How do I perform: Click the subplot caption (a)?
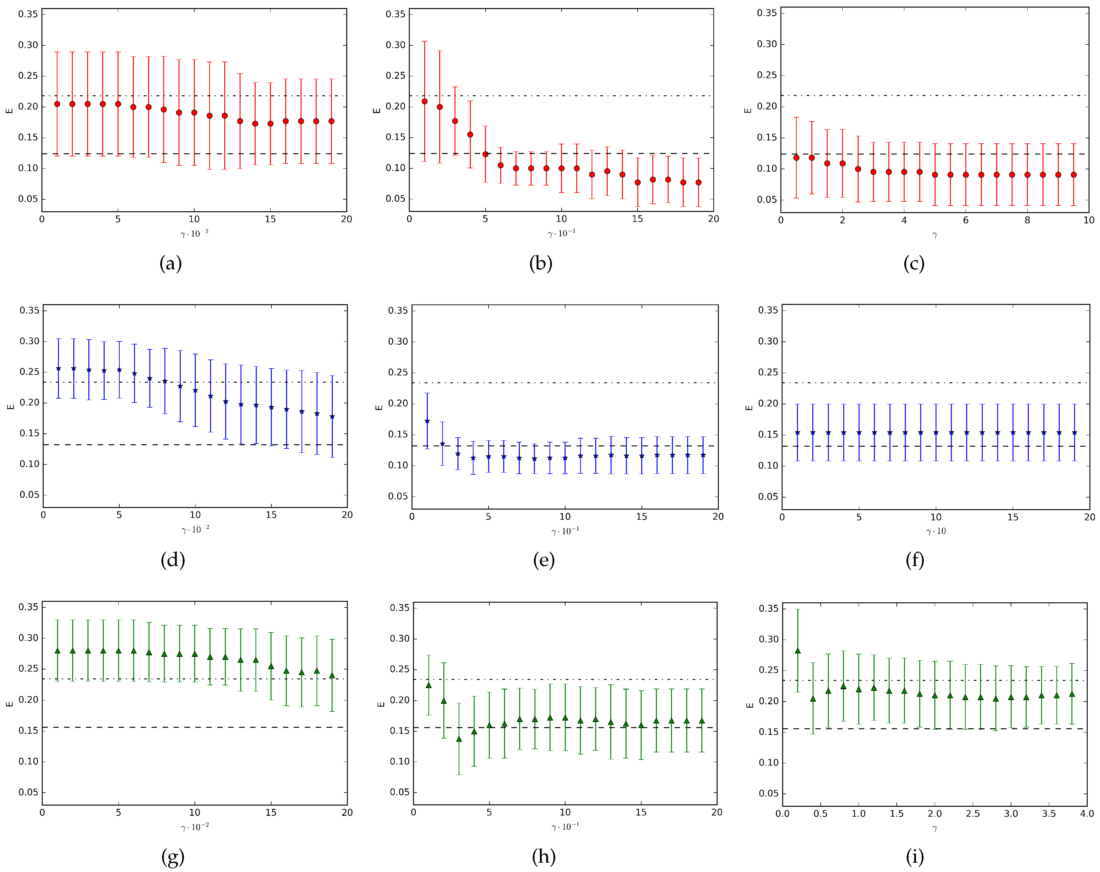click(x=170, y=264)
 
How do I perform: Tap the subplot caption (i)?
click(x=914, y=857)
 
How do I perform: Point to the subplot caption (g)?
click(x=173, y=857)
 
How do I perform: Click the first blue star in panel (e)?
click(x=427, y=421)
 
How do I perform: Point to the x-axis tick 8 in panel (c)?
click(x=1027, y=220)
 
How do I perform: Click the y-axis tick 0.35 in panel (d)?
click(x=29, y=310)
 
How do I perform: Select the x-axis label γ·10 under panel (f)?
click(x=936, y=531)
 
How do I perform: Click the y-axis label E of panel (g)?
click(x=9, y=704)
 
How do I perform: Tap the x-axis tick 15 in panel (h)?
click(x=641, y=812)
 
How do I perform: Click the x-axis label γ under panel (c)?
click(x=935, y=235)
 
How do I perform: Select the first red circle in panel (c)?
click(x=796, y=158)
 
